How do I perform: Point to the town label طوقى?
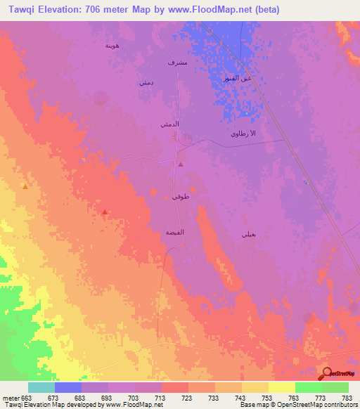click(x=179, y=197)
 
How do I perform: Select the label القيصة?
click(x=174, y=231)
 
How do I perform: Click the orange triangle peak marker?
click(x=25, y=187)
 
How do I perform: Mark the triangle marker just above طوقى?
click(x=181, y=164)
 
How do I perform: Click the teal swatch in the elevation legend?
click(x=41, y=387)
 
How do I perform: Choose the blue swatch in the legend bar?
click(x=67, y=387)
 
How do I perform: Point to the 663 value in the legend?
click(x=27, y=398)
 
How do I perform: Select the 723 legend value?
click(x=187, y=398)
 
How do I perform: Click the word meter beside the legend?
click(x=10, y=398)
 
